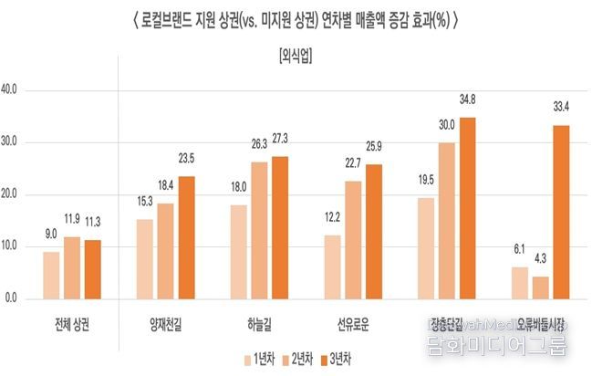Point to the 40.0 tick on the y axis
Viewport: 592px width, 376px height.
click(x=17, y=90)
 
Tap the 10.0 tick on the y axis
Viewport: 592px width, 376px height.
click(x=17, y=246)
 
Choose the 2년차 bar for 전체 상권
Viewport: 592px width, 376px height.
click(x=73, y=267)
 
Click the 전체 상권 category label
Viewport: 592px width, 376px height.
click(x=74, y=323)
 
